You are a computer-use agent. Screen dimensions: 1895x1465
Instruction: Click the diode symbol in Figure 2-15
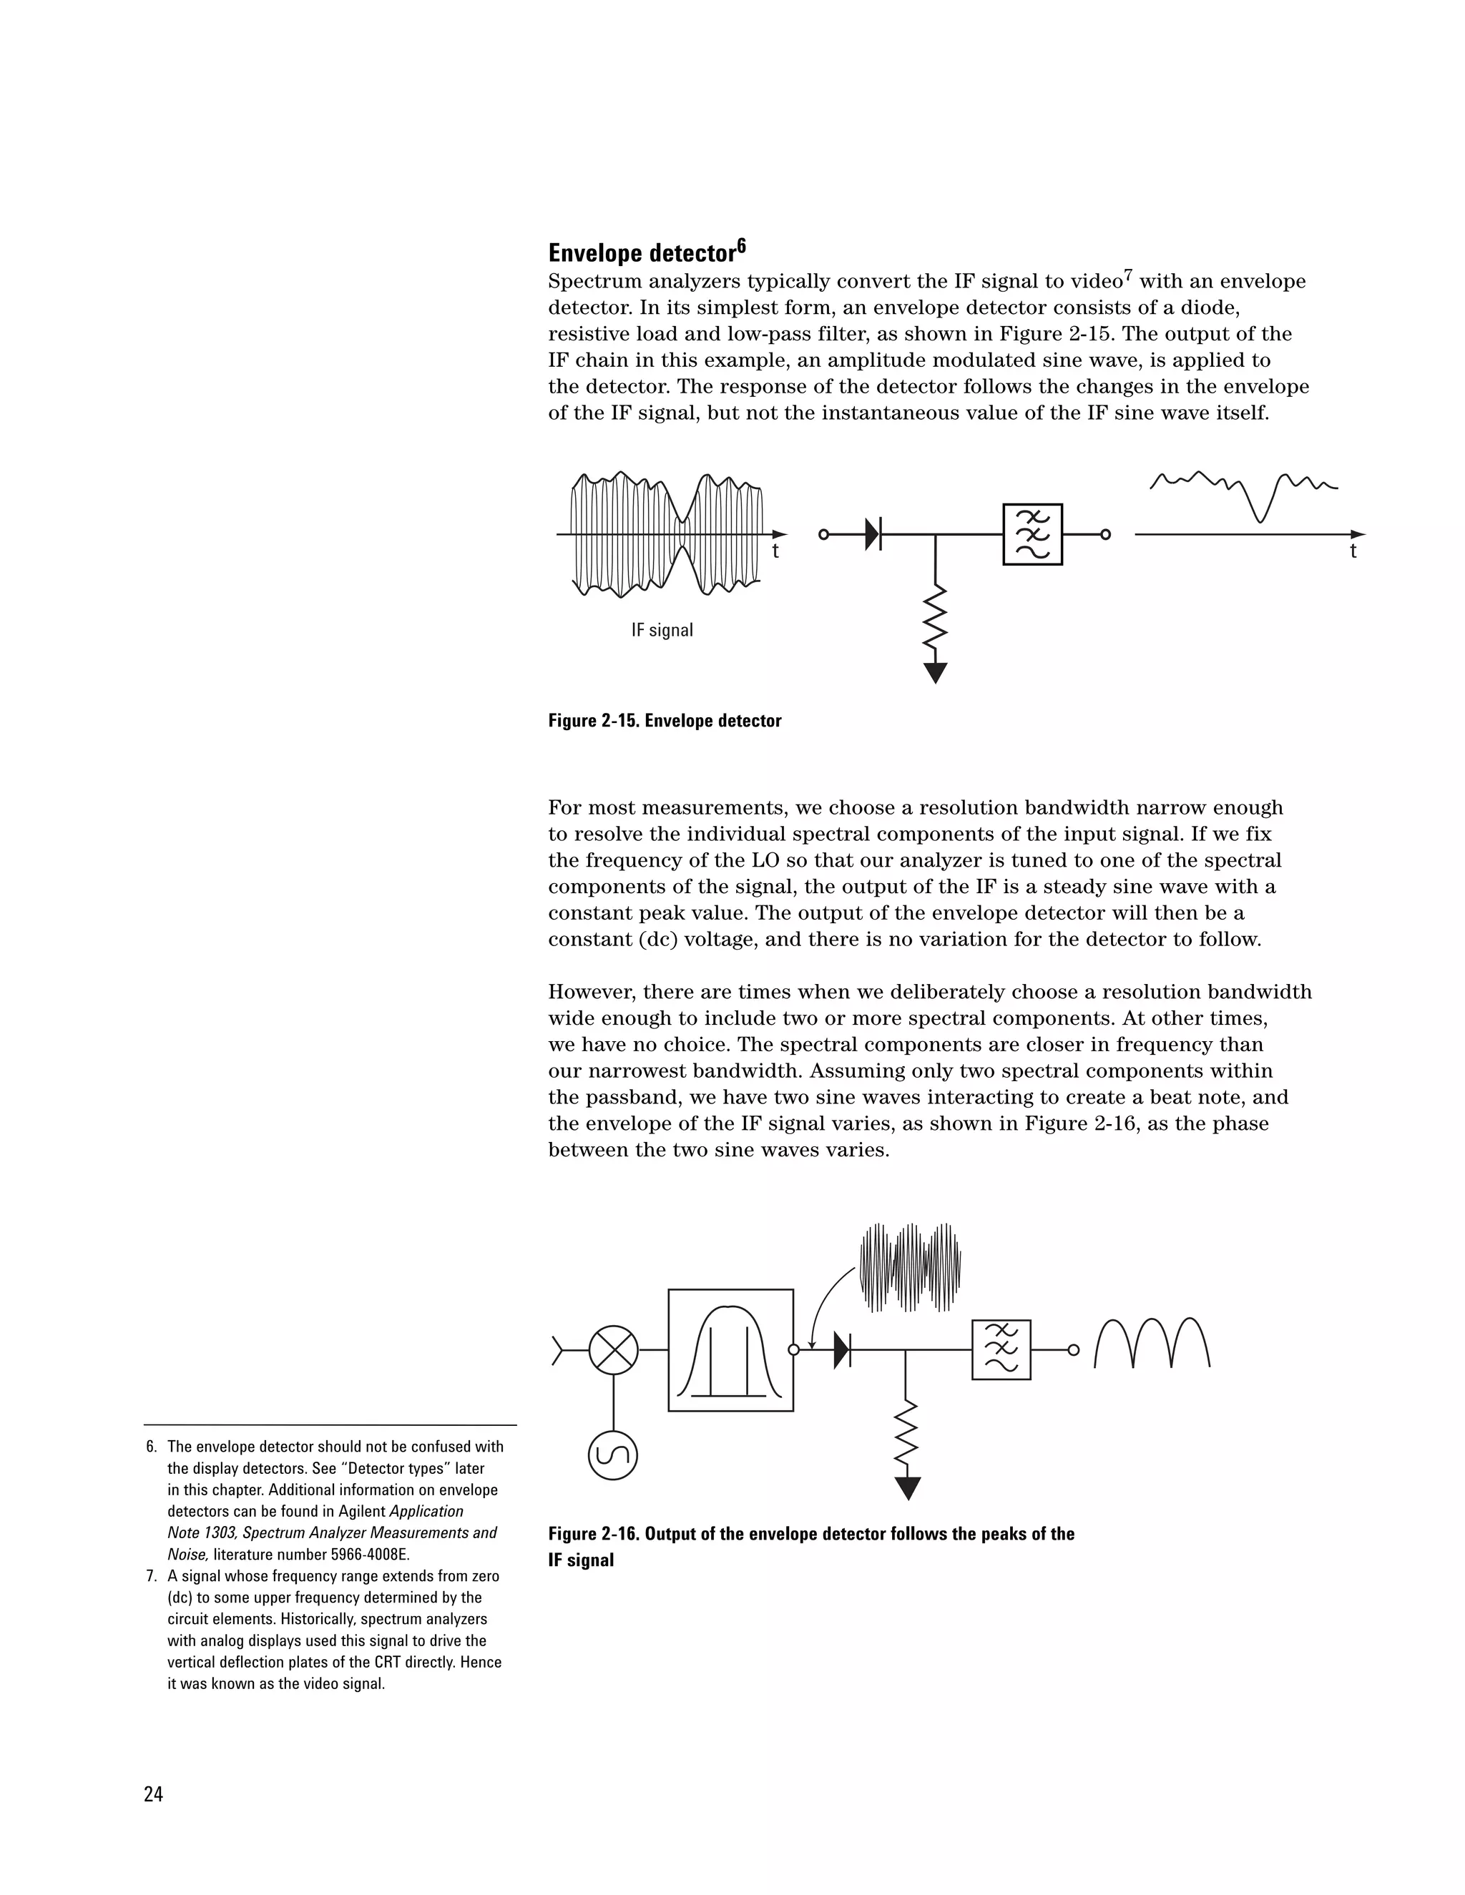point(873,533)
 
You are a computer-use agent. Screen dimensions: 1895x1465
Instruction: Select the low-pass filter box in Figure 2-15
point(1032,534)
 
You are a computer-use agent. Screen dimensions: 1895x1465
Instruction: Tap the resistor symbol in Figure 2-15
point(936,617)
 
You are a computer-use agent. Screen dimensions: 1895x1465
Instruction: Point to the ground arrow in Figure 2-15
point(936,672)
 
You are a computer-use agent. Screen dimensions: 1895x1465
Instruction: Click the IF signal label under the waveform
point(662,631)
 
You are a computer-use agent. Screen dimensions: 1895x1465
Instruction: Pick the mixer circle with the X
point(614,1350)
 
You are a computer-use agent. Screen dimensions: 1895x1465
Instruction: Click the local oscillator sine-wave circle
point(613,1455)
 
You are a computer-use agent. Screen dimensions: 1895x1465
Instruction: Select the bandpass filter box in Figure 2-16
point(731,1350)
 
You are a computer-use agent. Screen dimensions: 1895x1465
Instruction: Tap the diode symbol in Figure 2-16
point(841,1350)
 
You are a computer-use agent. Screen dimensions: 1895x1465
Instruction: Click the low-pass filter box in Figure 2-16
point(1001,1350)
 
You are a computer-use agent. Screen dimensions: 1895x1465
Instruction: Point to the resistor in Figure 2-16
point(907,1432)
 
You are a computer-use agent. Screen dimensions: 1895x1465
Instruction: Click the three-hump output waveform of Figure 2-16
point(1152,1345)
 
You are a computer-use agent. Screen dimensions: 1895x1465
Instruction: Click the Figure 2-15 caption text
point(665,721)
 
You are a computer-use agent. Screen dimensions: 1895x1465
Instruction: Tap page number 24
point(154,1794)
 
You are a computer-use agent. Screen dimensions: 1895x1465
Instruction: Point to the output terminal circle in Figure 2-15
point(1106,534)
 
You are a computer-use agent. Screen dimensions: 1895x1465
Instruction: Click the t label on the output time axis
point(1353,552)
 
